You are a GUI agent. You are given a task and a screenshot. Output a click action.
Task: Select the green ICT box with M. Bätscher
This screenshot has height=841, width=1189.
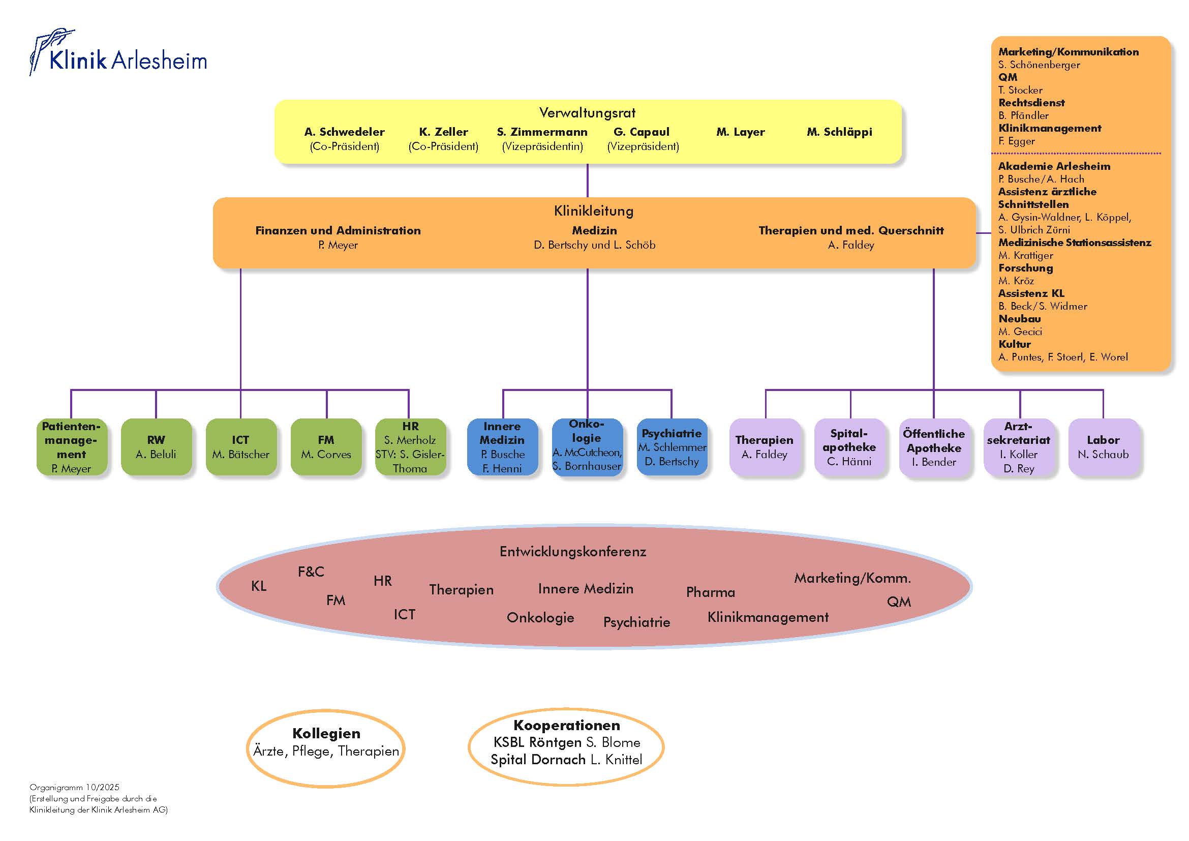241,447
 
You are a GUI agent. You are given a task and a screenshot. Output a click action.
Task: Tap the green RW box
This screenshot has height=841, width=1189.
156,447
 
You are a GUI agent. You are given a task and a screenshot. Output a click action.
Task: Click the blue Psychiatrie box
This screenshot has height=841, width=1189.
672,447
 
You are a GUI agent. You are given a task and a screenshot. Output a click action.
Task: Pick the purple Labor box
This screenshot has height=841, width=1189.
1103,447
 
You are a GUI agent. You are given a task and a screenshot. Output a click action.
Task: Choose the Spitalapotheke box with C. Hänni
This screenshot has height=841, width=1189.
849,447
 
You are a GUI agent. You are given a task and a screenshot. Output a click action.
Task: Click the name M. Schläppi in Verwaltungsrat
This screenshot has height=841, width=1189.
839,132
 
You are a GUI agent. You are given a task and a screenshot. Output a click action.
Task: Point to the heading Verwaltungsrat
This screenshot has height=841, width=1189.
587,113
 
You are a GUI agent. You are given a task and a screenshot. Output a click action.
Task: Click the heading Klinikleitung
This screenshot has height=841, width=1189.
593,211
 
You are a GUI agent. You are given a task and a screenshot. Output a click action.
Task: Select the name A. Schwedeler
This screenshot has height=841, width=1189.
344,132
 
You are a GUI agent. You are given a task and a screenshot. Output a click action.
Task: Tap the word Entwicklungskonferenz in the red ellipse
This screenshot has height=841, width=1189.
573,552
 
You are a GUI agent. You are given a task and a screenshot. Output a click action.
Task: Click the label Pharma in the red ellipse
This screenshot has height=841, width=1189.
711,592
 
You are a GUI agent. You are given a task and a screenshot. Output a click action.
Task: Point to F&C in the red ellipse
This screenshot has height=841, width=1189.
311,572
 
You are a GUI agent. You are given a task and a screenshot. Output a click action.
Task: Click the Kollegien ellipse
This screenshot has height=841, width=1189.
326,748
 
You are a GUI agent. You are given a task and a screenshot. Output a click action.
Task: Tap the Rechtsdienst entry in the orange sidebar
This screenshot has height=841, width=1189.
1031,103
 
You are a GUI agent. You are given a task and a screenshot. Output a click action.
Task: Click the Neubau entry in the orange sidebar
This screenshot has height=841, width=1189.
1019,319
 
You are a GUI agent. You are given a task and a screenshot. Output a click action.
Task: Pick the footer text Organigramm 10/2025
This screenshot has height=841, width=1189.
75,787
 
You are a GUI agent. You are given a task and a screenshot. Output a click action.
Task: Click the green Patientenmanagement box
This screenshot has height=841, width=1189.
72,447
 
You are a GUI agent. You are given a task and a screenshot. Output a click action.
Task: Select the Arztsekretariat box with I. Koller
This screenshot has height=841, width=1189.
1019,447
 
